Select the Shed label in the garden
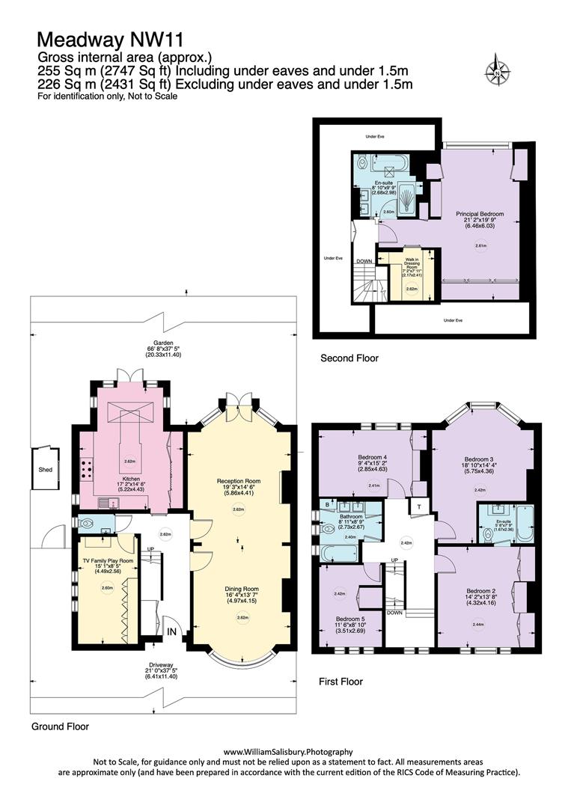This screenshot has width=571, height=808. [x=46, y=471]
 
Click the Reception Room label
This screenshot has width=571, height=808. [x=238, y=480]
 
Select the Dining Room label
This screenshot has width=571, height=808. [x=238, y=589]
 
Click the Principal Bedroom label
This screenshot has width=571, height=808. [x=480, y=214]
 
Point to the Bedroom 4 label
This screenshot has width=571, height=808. [x=372, y=457]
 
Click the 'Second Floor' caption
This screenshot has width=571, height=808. [x=349, y=358]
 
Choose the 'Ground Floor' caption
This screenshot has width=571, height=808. [x=60, y=726]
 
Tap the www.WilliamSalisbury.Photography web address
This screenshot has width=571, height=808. [x=288, y=751]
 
